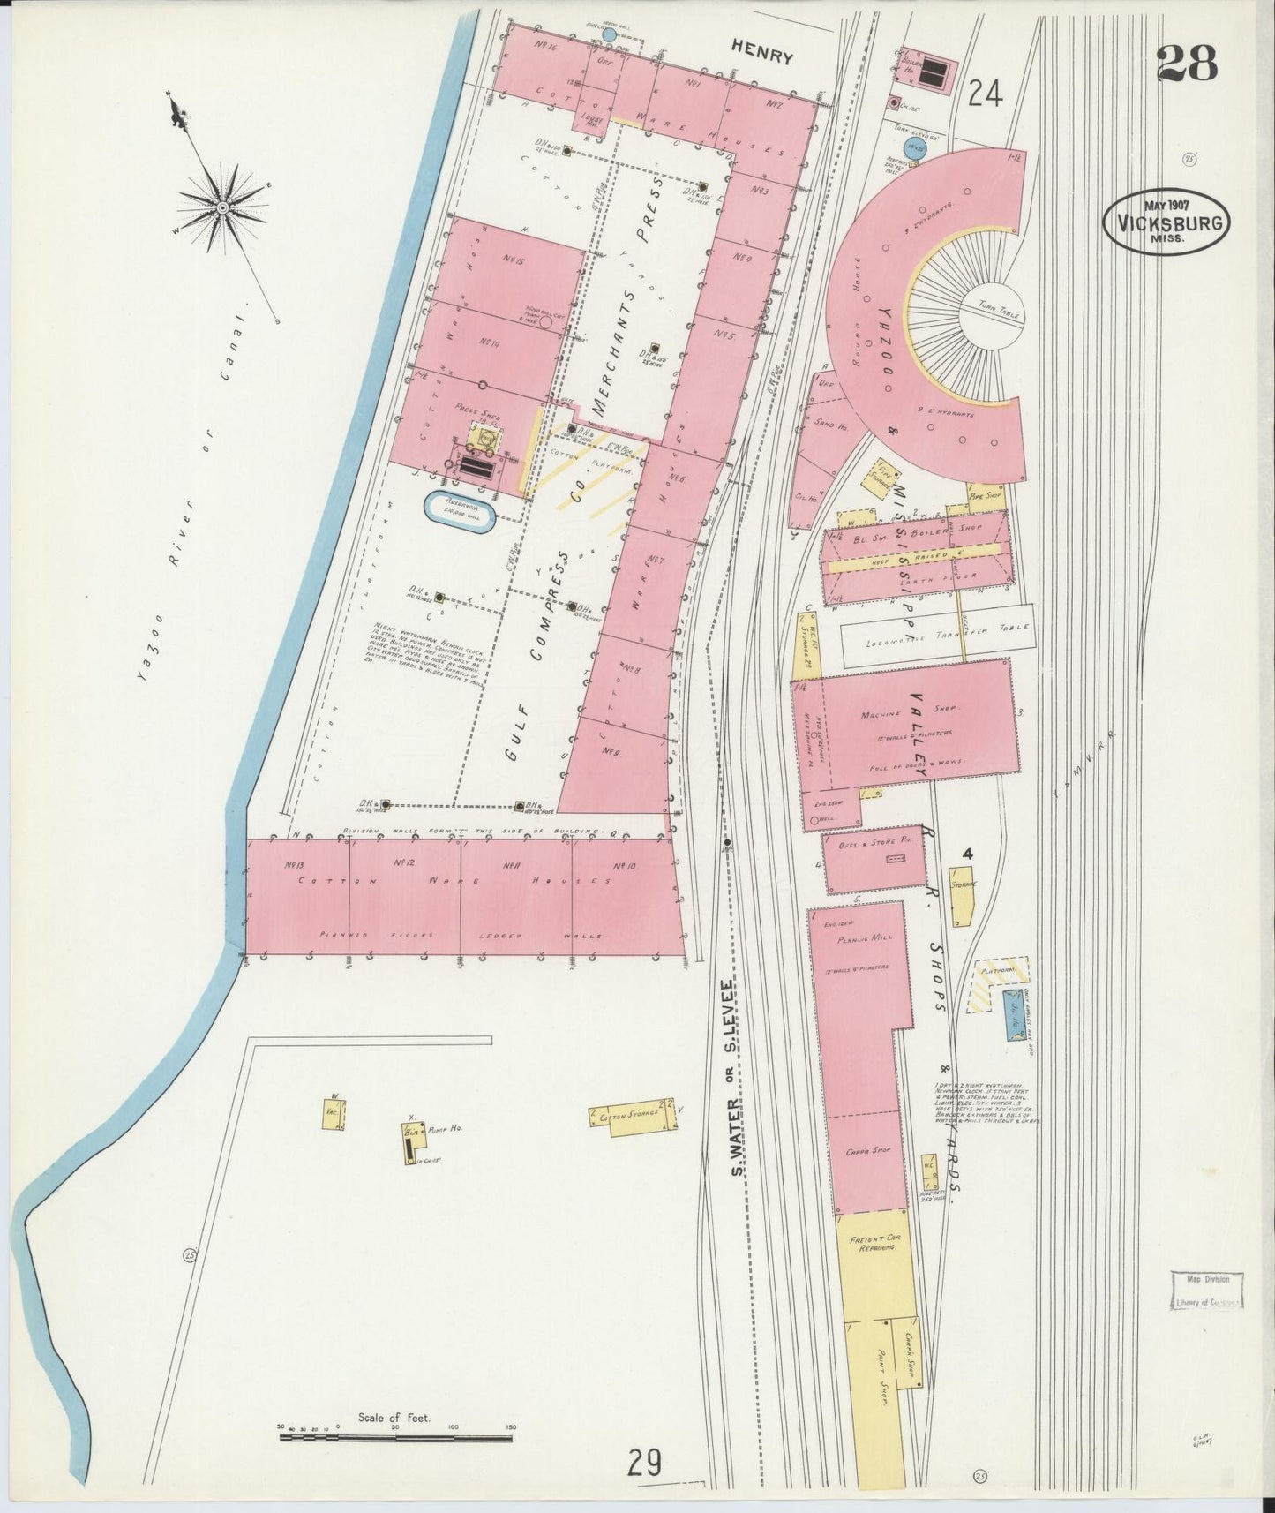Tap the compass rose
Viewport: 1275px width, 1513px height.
pos(222,207)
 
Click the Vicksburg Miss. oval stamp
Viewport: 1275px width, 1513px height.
pos(1166,222)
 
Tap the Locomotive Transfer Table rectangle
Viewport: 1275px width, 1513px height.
pos(936,635)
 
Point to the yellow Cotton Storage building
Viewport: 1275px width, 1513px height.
pos(633,1116)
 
